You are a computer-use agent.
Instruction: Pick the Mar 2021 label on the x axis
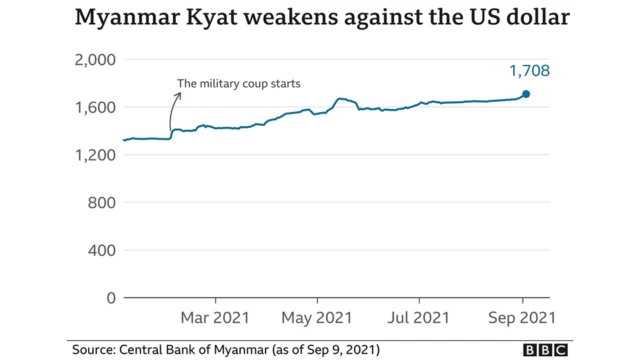click(215, 319)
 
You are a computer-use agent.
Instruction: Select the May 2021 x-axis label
click(317, 319)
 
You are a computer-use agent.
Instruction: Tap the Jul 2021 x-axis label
click(419, 319)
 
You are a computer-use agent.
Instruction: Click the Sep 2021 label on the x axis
click(521, 319)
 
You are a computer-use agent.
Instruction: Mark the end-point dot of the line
click(526, 95)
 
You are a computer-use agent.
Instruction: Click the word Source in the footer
click(94, 349)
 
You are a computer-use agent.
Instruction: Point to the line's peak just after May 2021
click(341, 99)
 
